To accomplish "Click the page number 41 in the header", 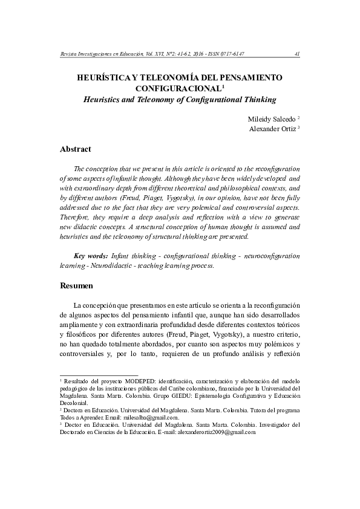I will tap(296, 53).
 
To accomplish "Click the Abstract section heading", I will tap(75, 149).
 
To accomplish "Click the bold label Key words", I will tap(91, 256).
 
